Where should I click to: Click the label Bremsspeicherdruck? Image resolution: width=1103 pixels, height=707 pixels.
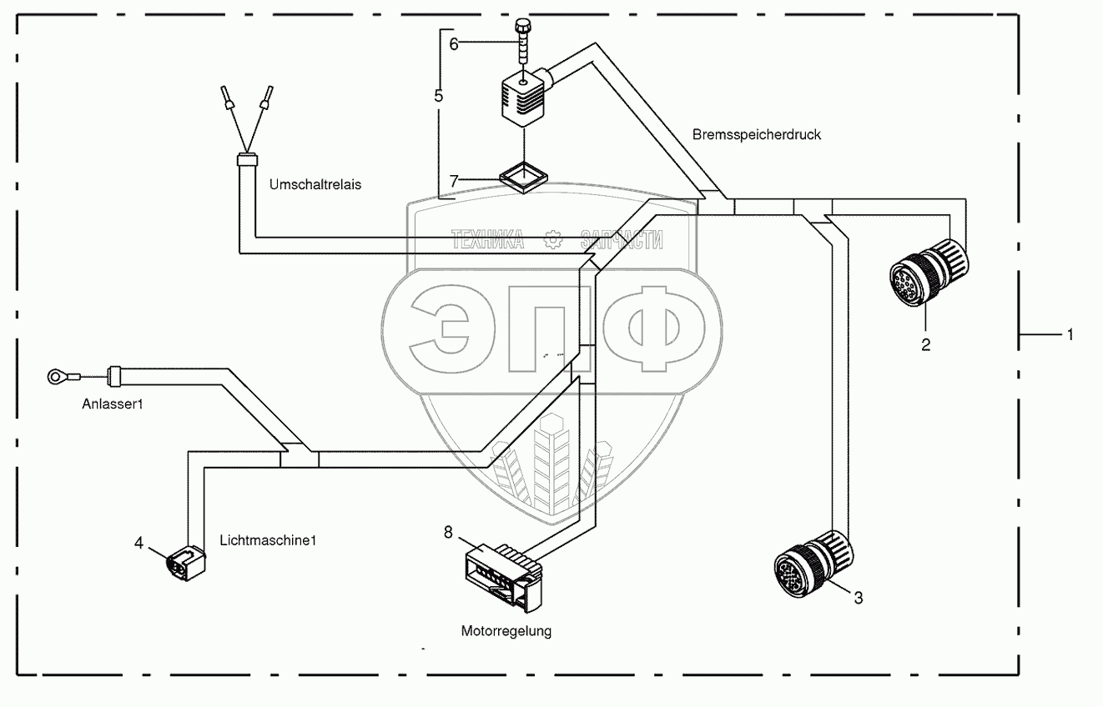[x=757, y=135]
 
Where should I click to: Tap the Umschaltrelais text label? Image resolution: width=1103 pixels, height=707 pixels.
[x=315, y=184]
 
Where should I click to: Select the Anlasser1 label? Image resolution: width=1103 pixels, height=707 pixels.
[x=113, y=404]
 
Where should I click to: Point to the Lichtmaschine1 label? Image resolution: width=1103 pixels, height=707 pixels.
[x=268, y=540]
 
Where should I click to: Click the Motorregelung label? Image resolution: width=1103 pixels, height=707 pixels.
[x=506, y=631]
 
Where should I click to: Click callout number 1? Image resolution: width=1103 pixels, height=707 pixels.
[x=1070, y=334]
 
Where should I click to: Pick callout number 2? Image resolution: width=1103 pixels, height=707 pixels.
[x=926, y=345]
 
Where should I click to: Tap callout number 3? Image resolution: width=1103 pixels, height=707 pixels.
[x=859, y=598]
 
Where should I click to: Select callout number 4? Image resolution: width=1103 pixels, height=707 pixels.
[x=139, y=543]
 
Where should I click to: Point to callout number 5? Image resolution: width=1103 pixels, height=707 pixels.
[x=439, y=96]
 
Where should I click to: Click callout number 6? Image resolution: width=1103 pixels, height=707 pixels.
[x=454, y=44]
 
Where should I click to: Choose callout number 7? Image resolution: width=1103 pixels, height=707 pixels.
[x=454, y=181]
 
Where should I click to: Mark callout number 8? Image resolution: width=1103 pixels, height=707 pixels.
[x=448, y=532]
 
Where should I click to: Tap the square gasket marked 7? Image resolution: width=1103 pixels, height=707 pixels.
[x=523, y=178]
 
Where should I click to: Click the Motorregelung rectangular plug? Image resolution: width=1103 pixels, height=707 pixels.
[x=503, y=577]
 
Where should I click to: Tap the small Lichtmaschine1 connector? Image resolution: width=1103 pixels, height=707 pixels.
[x=185, y=564]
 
